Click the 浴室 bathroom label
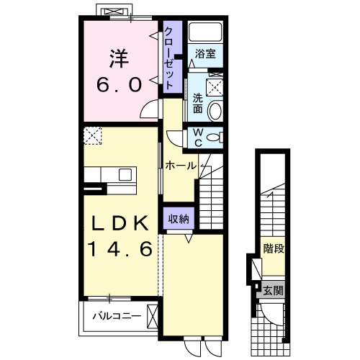(x=205, y=54)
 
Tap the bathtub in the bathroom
(x=205, y=32)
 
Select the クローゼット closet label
(x=169, y=58)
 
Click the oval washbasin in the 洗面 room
(x=215, y=111)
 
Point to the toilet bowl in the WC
(x=213, y=138)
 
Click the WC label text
(x=198, y=138)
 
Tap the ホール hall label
(x=181, y=166)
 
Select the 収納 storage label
(x=179, y=219)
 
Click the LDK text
(x=120, y=223)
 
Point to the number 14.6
(x=120, y=248)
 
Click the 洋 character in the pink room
(x=120, y=59)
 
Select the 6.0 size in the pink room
(x=120, y=84)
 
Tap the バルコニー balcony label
(x=117, y=316)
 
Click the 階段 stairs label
(x=274, y=248)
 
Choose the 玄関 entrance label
(x=274, y=291)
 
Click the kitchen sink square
(x=125, y=174)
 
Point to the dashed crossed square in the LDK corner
(x=93, y=135)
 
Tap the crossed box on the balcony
(x=153, y=316)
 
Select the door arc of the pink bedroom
(x=148, y=109)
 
